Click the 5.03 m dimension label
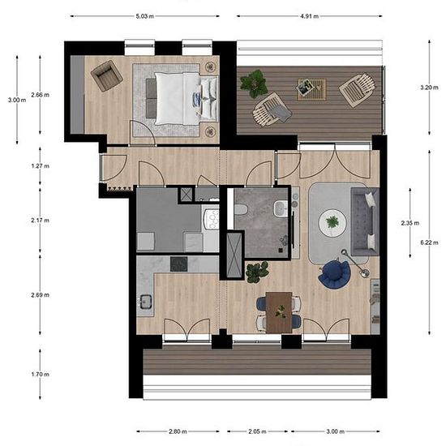click(x=145, y=16)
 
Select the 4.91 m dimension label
click(x=309, y=16)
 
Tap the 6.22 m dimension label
click(x=429, y=242)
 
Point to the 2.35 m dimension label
click(x=410, y=223)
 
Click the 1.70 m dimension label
click(x=40, y=375)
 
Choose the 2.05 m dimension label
click(x=257, y=431)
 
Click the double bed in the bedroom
click(x=182, y=98)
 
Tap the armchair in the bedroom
click(x=107, y=75)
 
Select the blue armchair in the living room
click(x=335, y=274)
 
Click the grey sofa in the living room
click(x=365, y=221)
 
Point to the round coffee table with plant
click(x=332, y=222)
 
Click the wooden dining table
click(x=279, y=312)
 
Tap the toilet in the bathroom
click(x=241, y=209)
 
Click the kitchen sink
click(x=146, y=302)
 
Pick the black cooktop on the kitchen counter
click(x=179, y=264)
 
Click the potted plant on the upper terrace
click(x=254, y=84)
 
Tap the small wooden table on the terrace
click(x=311, y=89)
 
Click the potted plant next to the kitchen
click(x=257, y=272)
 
